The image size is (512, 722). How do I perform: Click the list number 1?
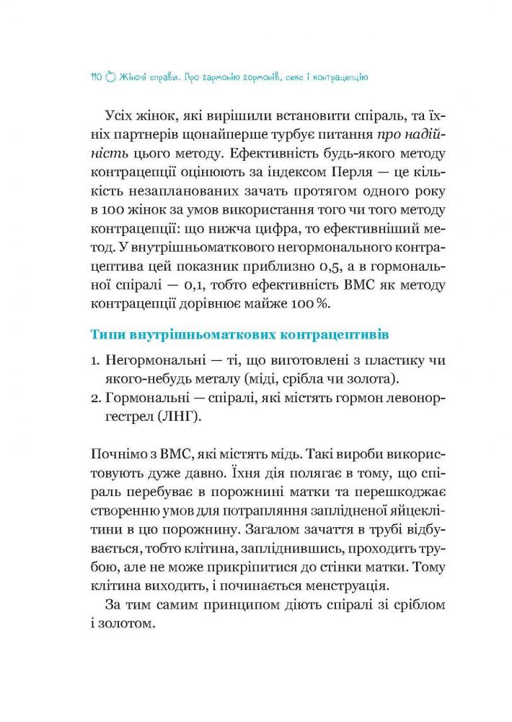(94, 360)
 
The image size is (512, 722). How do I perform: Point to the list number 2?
(95, 397)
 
